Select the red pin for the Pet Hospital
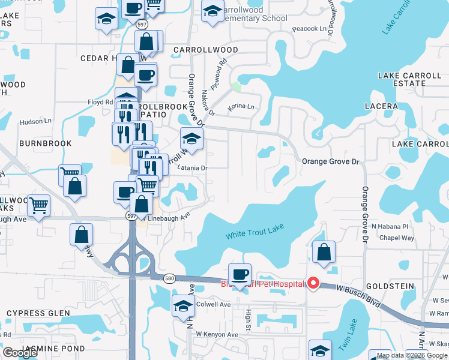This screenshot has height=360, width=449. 312,283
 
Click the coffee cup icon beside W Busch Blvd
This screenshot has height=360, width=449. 240,275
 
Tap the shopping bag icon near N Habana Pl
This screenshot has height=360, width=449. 324,253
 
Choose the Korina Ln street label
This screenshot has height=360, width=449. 241,107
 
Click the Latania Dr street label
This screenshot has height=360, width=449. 192,169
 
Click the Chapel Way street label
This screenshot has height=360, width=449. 397,238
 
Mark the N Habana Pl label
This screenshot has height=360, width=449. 390,226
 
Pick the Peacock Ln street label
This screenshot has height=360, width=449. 312,28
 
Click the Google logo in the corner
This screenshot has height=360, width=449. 20,353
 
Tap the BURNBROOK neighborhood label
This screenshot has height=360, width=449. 46,143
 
